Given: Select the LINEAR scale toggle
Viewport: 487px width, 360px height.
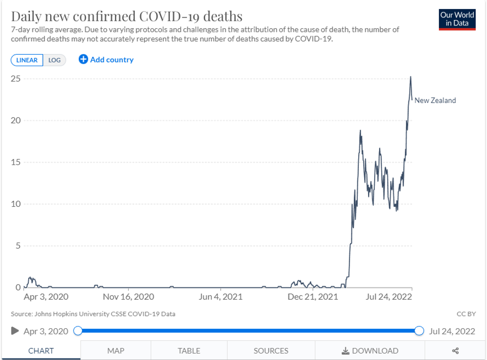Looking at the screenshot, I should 27,60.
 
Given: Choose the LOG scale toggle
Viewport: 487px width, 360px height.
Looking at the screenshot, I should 55,60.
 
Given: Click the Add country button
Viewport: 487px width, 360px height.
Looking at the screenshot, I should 106,60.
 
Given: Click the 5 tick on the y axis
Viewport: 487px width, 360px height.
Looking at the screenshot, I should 18,246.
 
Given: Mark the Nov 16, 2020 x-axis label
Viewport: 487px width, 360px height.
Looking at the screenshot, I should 129,297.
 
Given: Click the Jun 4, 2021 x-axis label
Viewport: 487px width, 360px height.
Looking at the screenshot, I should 221,297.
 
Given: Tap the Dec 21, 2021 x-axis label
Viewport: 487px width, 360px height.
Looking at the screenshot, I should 313,297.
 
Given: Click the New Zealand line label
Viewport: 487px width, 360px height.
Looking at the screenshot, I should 435,100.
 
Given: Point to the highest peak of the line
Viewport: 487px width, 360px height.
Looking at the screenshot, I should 410,77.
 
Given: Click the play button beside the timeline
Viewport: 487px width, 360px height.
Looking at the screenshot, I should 15,331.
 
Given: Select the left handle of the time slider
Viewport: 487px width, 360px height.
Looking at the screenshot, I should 78,331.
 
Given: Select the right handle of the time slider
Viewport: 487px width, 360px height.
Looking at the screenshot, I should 419,331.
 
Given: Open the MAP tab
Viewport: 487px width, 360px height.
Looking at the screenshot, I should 116,351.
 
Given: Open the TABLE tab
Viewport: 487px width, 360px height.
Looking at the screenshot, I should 189,351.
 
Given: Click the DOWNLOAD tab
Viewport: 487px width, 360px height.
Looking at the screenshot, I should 370,351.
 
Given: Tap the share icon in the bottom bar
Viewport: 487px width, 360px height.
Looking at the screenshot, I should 455,351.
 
